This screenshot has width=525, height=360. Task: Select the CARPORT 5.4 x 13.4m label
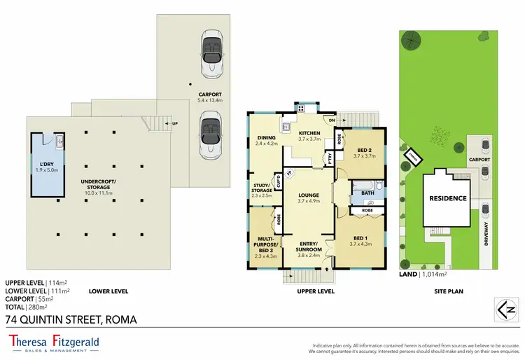click(209, 97)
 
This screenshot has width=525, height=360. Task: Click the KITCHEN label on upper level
click(309, 136)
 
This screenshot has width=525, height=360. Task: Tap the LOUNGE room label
click(309, 198)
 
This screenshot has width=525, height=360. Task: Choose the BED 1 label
click(362, 240)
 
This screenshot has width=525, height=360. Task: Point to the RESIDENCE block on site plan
click(447, 198)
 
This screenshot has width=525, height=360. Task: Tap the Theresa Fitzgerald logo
click(54, 342)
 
